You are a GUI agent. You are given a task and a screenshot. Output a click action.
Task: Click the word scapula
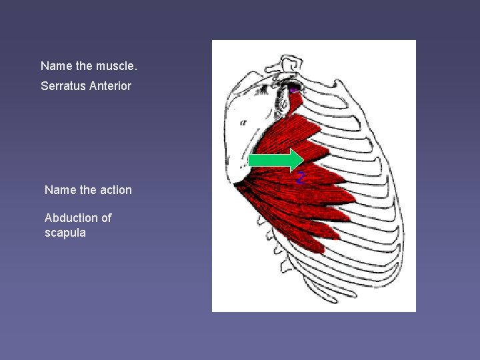(x=65, y=233)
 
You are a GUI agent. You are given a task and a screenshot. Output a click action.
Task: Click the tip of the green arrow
(x=303, y=160)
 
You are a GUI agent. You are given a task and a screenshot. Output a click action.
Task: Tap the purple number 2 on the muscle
(x=301, y=178)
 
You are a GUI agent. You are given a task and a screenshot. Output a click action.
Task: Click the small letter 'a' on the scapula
(x=243, y=123)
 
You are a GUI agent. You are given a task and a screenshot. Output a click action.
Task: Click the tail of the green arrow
(x=251, y=160)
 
